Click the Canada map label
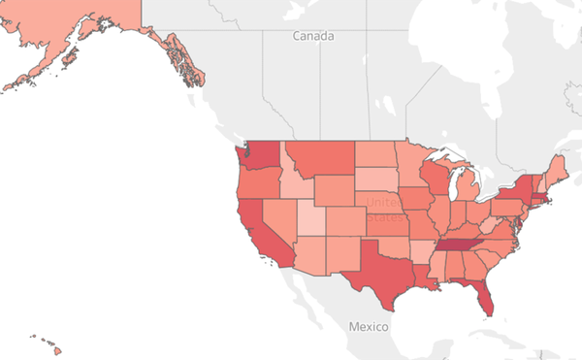[x=314, y=36]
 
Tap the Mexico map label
[x=369, y=326]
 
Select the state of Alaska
[x=68, y=39]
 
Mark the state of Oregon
[x=254, y=180]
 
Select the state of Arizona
[x=302, y=257]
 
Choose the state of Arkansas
[x=420, y=253]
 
